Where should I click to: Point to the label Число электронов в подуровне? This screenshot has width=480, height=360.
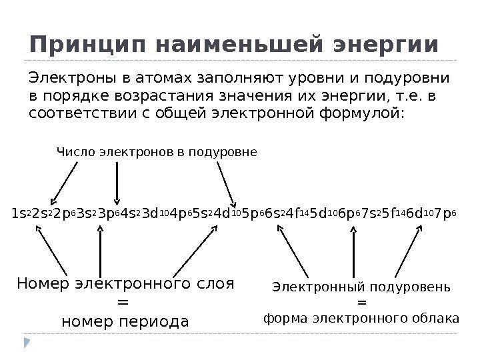[157, 153]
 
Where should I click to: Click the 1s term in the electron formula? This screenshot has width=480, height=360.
[19, 215]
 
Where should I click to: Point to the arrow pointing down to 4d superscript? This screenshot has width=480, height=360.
[225, 183]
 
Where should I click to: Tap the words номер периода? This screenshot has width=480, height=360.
[125, 322]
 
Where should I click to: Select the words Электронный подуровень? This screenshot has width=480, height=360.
[362, 287]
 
